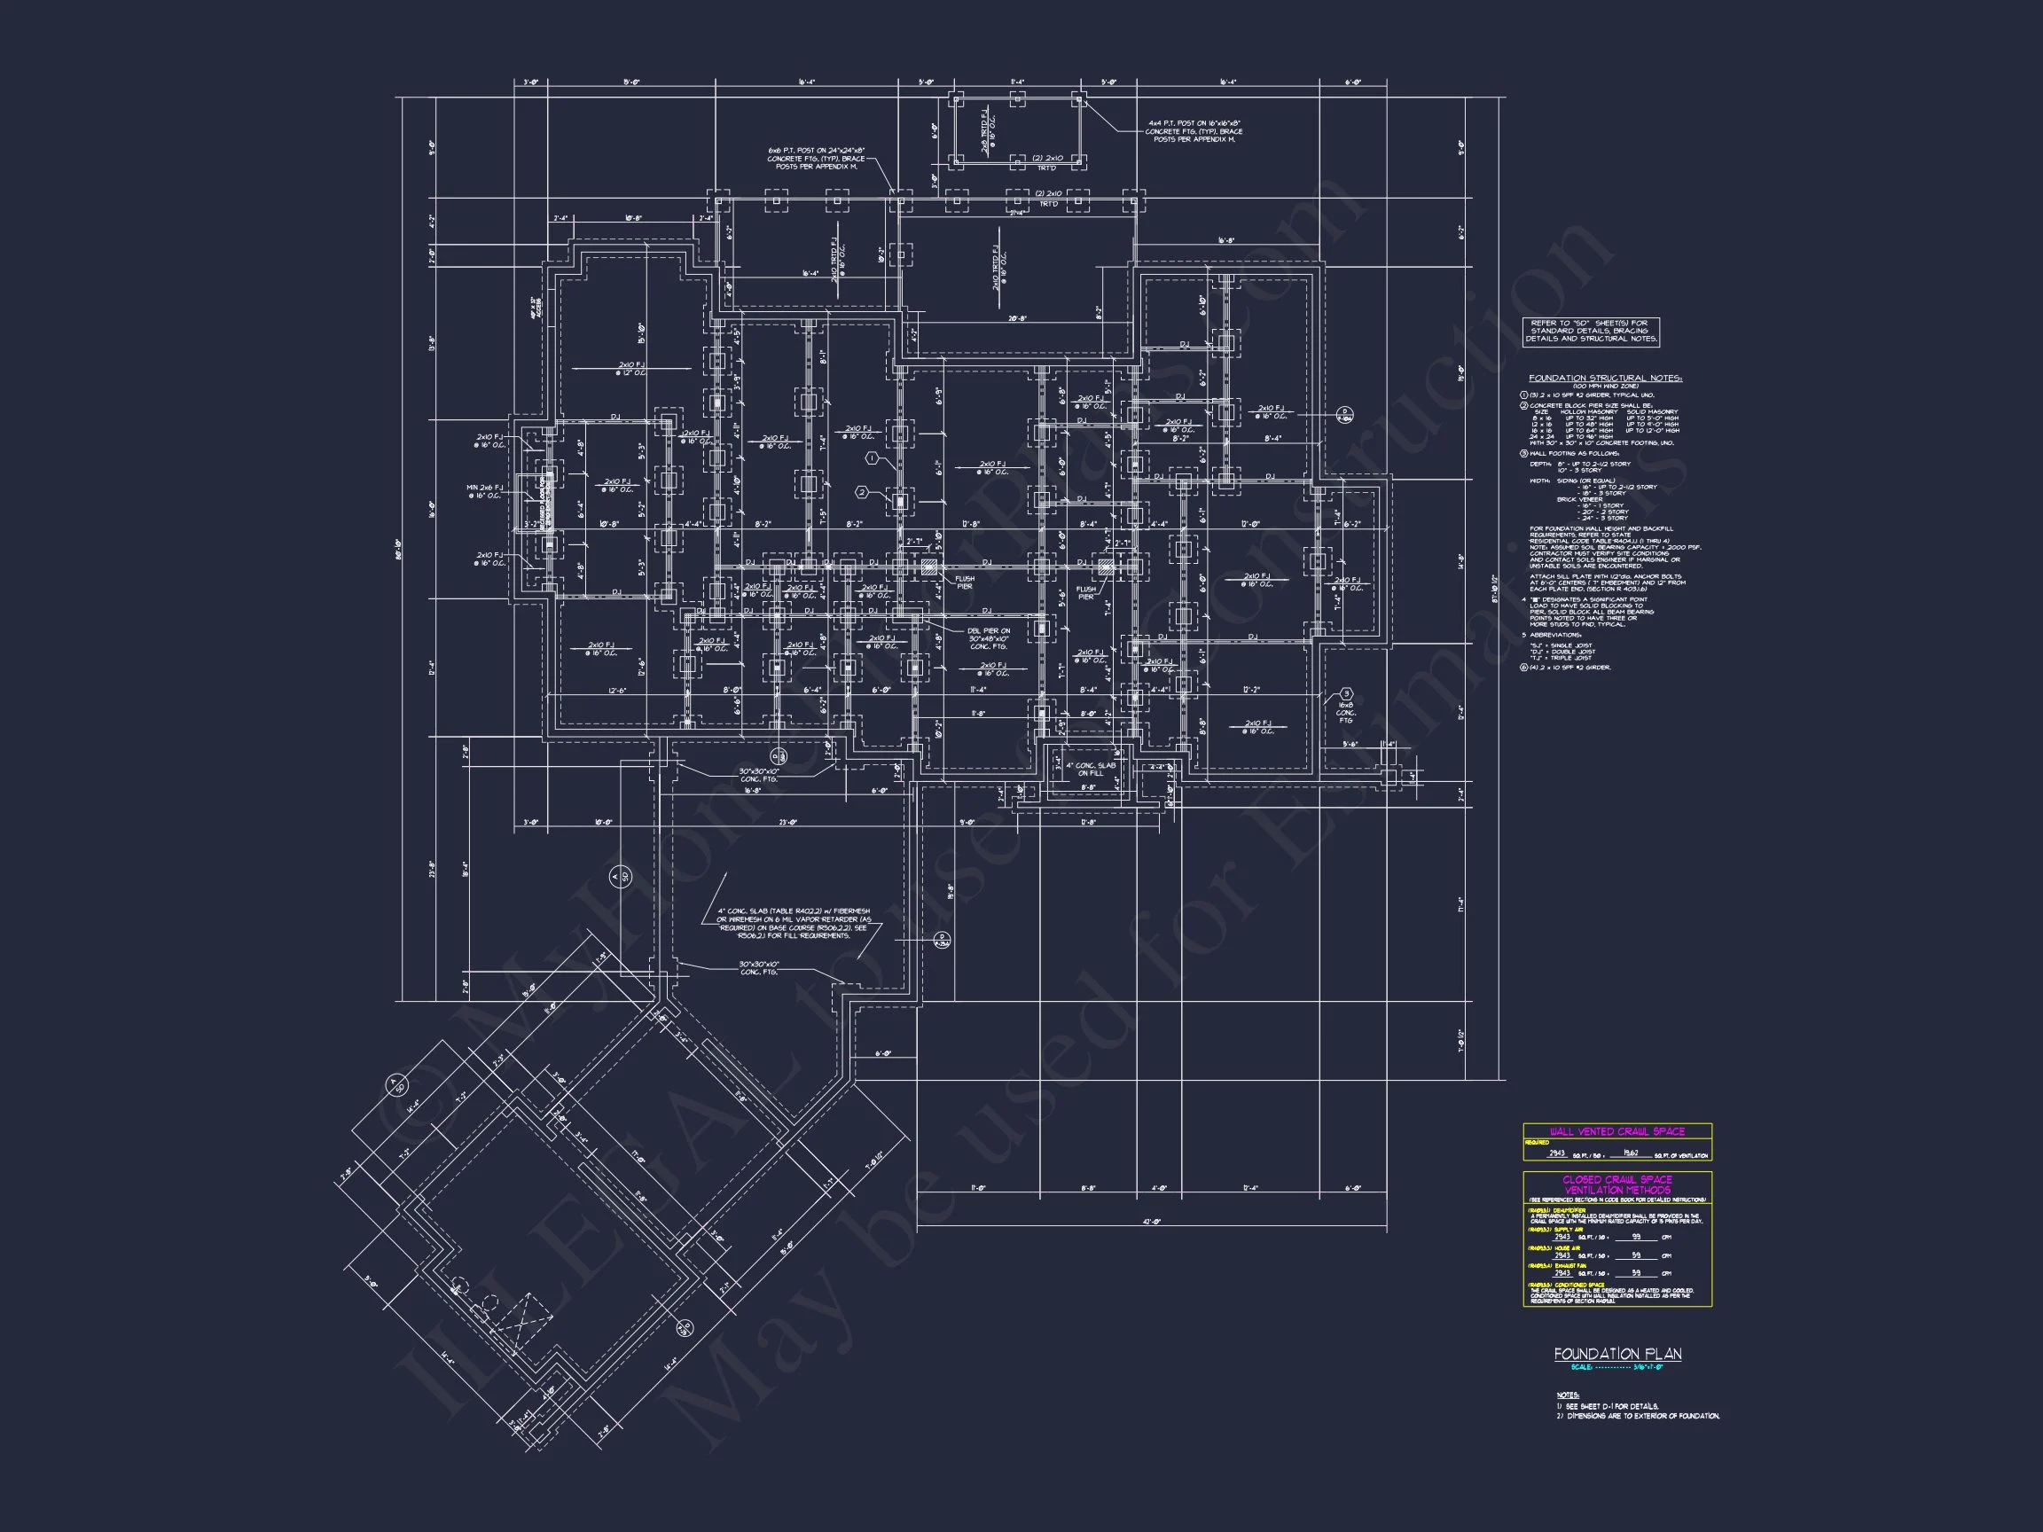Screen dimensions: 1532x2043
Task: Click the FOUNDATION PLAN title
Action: (1617, 1354)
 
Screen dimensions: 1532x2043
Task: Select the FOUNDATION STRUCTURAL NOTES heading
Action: (1605, 378)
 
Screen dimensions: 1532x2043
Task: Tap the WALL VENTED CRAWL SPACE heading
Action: (1616, 1131)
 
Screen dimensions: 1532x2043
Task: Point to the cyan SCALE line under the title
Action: (1616, 1367)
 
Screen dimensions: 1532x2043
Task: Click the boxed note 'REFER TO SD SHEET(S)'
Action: (1592, 332)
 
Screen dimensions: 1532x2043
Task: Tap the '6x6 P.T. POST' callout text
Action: (816, 158)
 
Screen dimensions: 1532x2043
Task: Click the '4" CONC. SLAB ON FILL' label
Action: (1091, 770)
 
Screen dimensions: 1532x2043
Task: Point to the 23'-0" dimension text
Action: (787, 822)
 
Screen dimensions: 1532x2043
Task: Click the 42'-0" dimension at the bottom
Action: (1151, 1222)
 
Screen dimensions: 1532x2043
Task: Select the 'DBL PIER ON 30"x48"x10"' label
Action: (990, 638)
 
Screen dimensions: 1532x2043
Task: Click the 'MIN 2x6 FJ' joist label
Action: (485, 491)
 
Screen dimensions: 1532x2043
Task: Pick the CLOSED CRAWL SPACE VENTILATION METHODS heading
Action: (1616, 1184)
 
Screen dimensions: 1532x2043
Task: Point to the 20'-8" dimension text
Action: (1017, 318)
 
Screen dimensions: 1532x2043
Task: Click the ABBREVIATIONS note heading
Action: (1554, 636)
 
